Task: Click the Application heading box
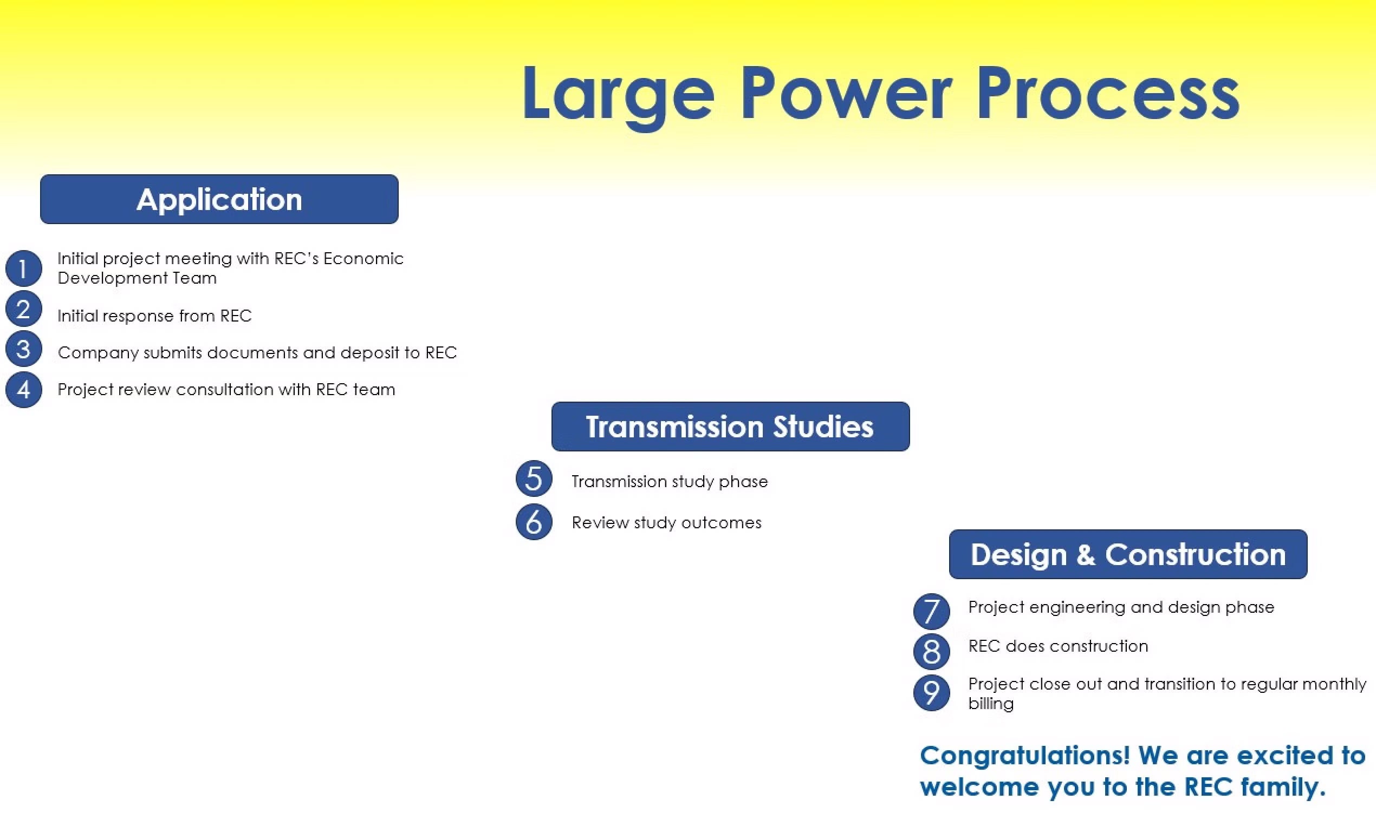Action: (219, 199)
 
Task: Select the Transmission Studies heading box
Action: (730, 426)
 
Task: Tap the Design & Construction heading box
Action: (1128, 554)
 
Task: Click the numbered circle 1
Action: (24, 268)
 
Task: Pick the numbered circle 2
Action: (24, 309)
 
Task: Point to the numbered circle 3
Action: (24, 349)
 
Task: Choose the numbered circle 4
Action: (24, 390)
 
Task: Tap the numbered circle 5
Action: (534, 478)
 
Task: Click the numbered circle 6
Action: (534, 522)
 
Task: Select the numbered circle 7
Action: (931, 612)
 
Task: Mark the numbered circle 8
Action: (931, 652)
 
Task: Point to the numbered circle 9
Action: (931, 693)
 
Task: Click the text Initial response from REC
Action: (154, 316)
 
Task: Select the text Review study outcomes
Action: (667, 523)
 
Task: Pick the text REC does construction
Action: (1058, 646)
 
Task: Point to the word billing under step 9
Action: (991, 704)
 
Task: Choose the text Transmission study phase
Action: (670, 482)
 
